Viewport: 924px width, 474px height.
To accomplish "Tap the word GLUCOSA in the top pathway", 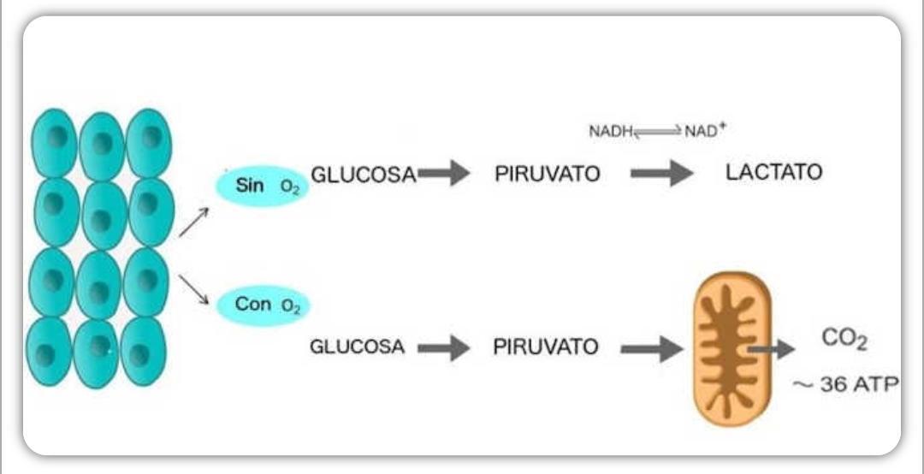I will (x=363, y=175).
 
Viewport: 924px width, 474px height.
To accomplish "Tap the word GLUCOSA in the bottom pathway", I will (x=357, y=348).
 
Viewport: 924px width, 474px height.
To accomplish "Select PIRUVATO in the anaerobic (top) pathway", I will (x=548, y=175).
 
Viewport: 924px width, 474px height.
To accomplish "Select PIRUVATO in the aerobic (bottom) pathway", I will (x=545, y=348).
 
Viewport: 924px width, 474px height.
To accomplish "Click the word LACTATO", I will (x=773, y=173).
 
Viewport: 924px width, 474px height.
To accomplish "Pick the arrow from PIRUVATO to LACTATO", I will (x=661, y=174).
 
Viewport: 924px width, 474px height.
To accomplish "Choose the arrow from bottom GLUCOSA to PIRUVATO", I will (x=443, y=348).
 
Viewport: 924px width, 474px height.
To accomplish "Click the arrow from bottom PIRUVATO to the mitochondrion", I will (x=651, y=348).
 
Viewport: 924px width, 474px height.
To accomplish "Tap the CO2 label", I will (x=844, y=340).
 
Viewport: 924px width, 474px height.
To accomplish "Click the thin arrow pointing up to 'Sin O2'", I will (x=192, y=222).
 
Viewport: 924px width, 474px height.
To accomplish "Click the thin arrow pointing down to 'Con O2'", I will (x=194, y=290).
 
